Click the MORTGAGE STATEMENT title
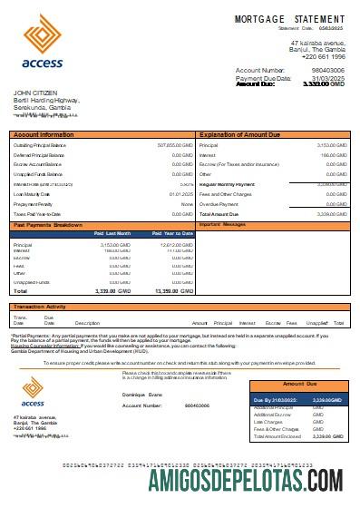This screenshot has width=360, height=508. (x=289, y=19)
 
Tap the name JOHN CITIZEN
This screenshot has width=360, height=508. (x=35, y=93)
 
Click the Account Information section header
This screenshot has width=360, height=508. (x=43, y=134)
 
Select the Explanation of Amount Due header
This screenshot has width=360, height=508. (x=242, y=134)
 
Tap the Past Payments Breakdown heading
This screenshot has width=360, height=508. (x=48, y=223)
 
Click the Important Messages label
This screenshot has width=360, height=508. (x=222, y=223)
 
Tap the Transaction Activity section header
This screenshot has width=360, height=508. (x=41, y=307)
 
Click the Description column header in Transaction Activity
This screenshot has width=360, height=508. (x=87, y=323)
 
